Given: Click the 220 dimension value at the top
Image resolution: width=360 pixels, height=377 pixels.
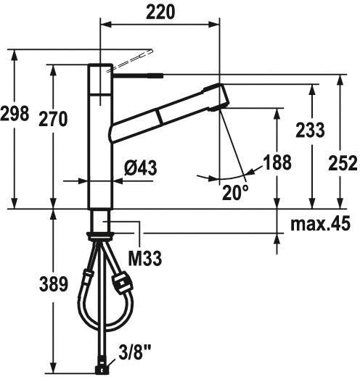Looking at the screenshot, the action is coord(160,12).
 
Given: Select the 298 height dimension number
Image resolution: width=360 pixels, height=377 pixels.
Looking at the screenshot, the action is coord(15,113).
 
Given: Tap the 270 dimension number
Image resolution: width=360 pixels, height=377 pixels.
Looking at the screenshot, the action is coord(53,119).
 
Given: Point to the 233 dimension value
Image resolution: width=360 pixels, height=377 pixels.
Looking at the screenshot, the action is coord(310,130).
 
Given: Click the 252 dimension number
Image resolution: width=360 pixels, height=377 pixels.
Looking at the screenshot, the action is coord(343,163).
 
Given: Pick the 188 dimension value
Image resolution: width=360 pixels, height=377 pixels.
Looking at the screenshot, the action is coord(277,162).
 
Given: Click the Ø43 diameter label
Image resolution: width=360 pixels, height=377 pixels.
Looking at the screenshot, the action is coord(141,167).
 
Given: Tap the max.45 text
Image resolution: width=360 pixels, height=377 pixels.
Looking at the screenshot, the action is coord(320,223).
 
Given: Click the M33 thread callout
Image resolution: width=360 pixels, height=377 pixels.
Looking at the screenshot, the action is coord(145,258).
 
